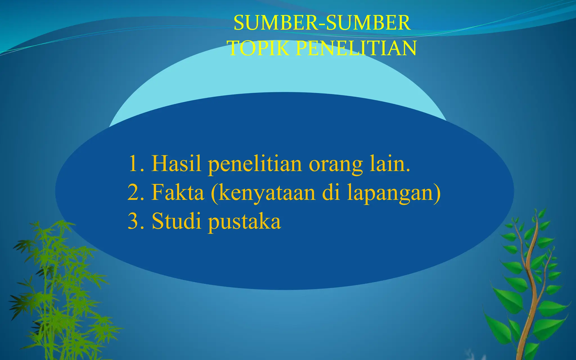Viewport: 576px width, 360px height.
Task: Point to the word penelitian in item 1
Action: (x=255, y=165)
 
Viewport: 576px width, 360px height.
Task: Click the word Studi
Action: (x=176, y=221)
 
